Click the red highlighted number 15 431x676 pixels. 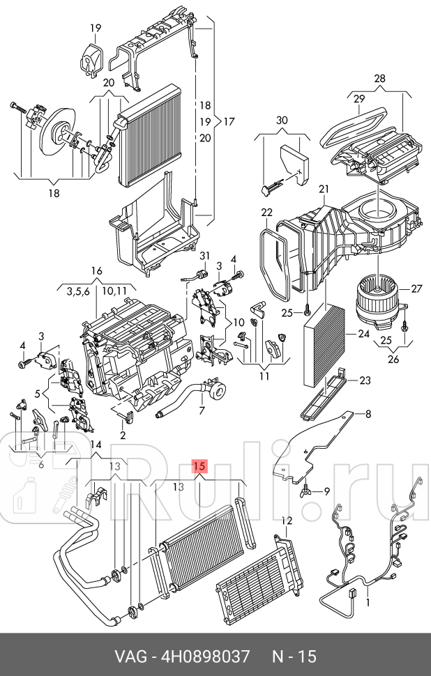tap(199, 466)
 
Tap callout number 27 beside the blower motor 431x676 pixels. tap(416, 288)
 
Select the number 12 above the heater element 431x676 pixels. tap(287, 521)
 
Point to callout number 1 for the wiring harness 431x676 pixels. tap(368, 602)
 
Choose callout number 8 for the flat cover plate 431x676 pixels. tap(368, 414)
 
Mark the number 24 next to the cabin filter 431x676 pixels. tap(364, 333)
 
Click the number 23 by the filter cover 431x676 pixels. tap(365, 381)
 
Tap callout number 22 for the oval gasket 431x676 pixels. tap(267, 212)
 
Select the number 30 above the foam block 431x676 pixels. tap(282, 120)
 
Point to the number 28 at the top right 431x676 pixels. tap(379, 79)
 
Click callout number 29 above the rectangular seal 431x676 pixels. tap(359, 99)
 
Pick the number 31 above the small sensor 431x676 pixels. tap(204, 256)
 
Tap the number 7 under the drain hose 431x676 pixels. tap(202, 410)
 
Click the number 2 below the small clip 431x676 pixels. tap(123, 436)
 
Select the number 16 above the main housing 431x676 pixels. tap(97, 270)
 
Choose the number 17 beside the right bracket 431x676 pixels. tap(229, 121)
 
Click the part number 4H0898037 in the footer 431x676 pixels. tap(205, 656)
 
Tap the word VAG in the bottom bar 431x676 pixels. tap(130, 656)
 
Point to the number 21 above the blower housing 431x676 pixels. tap(324, 189)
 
